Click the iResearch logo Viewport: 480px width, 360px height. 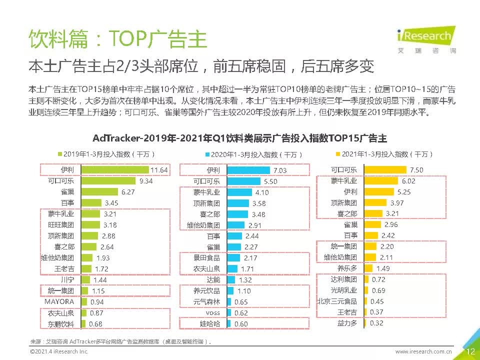(426, 40)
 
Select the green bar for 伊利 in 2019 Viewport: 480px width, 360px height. (115, 170)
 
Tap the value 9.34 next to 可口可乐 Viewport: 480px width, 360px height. (146, 181)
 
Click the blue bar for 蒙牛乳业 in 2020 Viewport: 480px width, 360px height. (239, 192)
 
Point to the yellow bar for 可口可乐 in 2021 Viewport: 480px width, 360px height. (385, 169)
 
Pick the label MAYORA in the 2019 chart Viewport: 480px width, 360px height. (59, 302)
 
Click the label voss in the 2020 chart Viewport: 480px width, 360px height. (213, 313)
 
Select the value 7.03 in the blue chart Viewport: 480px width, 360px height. (280, 170)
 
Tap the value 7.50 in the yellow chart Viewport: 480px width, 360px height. (416, 170)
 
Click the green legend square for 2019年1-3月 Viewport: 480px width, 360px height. (60, 154)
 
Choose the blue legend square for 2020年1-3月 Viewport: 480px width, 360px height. (207, 154)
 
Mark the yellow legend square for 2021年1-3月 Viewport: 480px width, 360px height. (338, 154)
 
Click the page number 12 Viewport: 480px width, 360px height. (470, 351)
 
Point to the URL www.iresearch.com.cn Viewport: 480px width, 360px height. (423, 351)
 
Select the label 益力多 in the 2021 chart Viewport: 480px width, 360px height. (347, 323)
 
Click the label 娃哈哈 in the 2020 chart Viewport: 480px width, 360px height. (210, 324)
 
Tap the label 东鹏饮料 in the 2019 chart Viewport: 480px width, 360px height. (61, 324)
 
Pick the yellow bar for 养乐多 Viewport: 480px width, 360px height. (368, 268)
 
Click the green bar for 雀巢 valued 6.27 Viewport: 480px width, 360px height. (99, 192)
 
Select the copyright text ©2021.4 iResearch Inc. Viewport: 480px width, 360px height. (59, 351)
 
